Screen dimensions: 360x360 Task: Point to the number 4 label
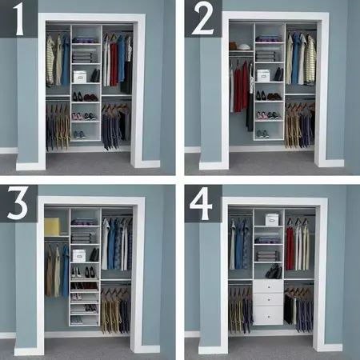click(202, 204)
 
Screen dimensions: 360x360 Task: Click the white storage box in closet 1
click(80, 77)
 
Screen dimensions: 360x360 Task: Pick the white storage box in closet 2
click(263, 75)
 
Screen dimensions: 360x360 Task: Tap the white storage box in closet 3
click(79, 255)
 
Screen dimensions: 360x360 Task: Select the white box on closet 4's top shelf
click(272, 219)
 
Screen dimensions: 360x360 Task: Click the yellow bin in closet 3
click(52, 226)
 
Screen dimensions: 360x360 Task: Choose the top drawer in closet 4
click(267, 286)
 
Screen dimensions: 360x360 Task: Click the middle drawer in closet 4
click(267, 299)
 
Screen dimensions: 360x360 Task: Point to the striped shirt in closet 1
click(50, 61)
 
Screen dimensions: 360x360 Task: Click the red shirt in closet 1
click(114, 62)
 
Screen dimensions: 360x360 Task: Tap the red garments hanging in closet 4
click(290, 248)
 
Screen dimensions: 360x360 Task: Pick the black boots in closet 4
click(273, 270)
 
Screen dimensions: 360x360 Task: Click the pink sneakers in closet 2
click(263, 115)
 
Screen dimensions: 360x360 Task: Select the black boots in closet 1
click(94, 76)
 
